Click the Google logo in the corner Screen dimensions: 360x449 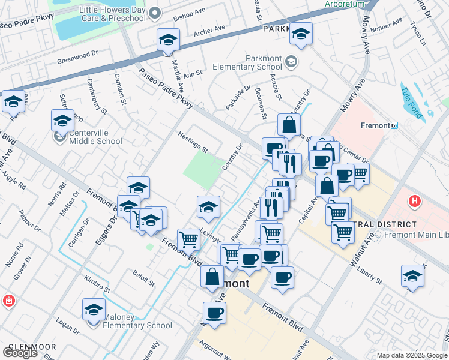(x=20, y=353)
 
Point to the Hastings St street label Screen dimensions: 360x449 (x=193, y=142)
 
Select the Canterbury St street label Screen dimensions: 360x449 (x=96, y=96)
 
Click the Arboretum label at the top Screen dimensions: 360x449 (x=345, y=4)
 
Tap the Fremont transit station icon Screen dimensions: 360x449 (x=394, y=125)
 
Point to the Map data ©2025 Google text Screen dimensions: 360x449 (x=412, y=355)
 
